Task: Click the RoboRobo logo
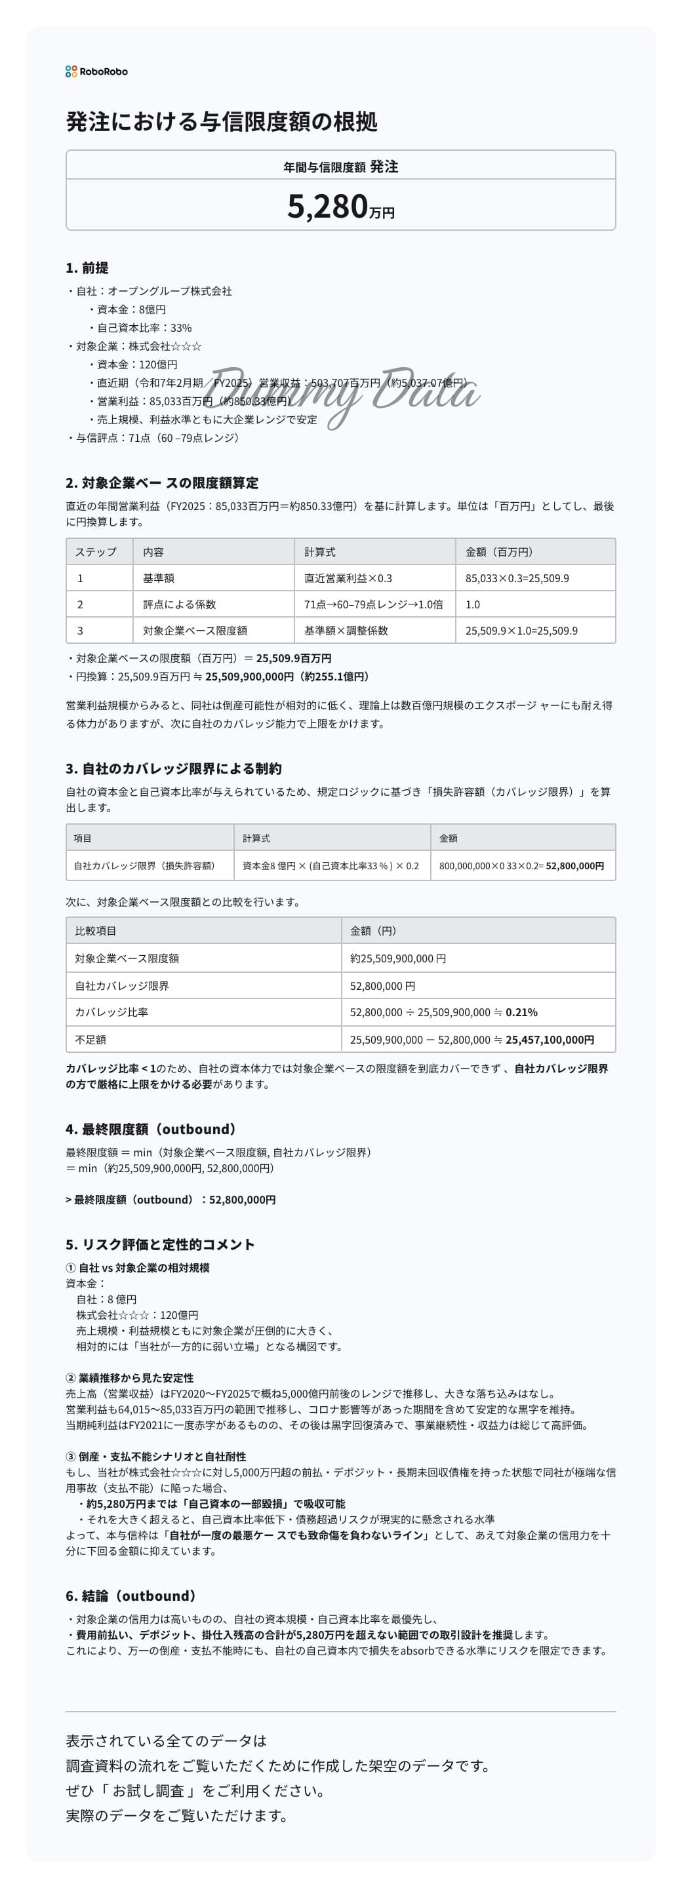(96, 71)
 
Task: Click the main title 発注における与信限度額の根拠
(222, 122)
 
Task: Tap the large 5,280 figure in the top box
(327, 206)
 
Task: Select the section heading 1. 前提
(87, 267)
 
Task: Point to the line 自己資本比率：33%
(144, 328)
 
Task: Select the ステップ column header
(95, 552)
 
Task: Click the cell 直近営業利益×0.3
(348, 578)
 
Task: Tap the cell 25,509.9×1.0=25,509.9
(521, 630)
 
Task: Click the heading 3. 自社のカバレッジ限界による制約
(173, 768)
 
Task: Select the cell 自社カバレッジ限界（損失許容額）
(144, 865)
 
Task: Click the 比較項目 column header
(95, 931)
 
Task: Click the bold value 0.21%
(521, 1012)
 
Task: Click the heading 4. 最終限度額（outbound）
(151, 1129)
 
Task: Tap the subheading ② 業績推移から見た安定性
(130, 1378)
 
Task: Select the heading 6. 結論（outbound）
(131, 1596)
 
